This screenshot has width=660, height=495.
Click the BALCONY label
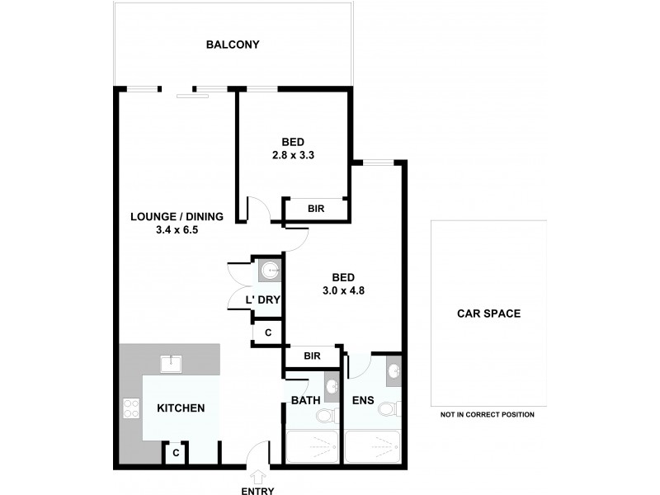[x=233, y=45]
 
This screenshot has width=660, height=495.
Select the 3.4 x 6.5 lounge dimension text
[x=177, y=231]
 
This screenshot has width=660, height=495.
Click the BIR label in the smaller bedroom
[x=316, y=210]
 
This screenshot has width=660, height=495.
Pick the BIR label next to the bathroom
[x=312, y=356]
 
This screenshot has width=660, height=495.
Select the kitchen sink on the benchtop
[x=171, y=361]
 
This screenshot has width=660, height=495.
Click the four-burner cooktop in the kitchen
[x=131, y=408]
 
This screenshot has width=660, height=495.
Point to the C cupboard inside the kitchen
[x=176, y=453]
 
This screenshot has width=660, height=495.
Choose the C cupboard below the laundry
[x=267, y=332]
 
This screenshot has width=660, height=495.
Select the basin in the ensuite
[x=394, y=373]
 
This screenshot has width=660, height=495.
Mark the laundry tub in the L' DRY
[x=270, y=271]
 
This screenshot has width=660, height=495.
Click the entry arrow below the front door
[x=259, y=475]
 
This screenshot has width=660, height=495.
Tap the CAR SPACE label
[x=489, y=313]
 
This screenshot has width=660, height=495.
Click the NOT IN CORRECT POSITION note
[x=488, y=415]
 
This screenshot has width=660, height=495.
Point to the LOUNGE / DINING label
[x=177, y=217]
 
